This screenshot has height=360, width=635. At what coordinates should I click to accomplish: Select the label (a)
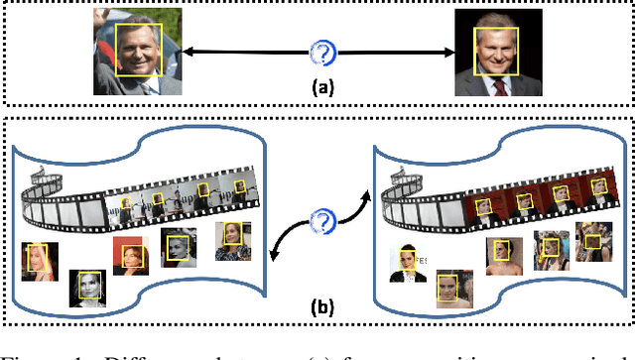coord(322,86)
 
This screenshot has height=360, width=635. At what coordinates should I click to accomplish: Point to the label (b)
coord(323,304)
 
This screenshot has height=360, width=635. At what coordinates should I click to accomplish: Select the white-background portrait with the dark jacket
coord(408,264)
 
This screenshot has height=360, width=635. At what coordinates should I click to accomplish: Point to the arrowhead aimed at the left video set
coord(276,255)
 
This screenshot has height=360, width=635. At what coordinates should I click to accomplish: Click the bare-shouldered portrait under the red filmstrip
coord(448,289)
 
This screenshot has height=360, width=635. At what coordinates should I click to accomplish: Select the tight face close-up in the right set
coord(591,241)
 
